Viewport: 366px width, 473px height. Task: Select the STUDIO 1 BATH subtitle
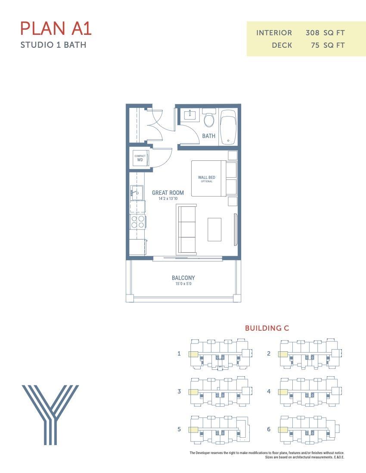53,45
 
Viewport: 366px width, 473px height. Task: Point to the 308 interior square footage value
312,33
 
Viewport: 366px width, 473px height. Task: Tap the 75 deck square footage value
315,45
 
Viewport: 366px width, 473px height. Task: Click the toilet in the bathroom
209,119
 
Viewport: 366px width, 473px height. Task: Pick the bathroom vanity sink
190,115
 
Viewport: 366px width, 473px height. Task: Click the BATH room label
209,136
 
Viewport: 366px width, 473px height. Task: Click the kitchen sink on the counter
137,193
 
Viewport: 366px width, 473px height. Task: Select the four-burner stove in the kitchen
138,222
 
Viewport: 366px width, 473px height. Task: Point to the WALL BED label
207,178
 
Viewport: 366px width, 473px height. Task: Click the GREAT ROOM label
168,193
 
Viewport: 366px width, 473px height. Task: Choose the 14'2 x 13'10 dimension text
168,199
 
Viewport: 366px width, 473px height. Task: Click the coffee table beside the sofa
214,229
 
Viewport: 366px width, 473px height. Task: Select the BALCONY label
183,278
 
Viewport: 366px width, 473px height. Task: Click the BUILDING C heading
267,328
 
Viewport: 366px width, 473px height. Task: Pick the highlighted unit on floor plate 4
283,392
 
